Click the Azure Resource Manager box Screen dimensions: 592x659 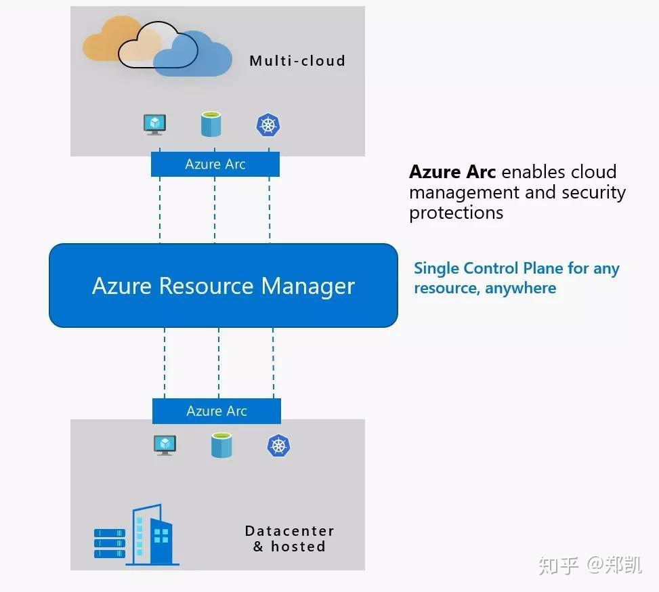pos(223,285)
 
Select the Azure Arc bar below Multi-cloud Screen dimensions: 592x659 pos(215,164)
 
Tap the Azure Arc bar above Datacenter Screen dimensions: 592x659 pos(216,411)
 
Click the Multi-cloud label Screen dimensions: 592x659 pos(297,60)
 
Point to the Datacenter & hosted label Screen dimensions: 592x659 pos(289,538)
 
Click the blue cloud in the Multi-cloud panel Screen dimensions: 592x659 pos(196,54)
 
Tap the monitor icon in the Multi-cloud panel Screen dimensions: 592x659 pos(155,125)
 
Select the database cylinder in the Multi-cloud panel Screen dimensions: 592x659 pos(211,125)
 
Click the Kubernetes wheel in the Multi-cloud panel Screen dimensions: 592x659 pos(268,125)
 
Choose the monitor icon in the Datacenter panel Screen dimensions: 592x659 pos(165,445)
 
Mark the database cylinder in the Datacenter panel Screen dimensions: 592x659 pos(221,446)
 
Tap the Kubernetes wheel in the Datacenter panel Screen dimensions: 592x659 pos(278,445)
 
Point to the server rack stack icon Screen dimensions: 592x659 pos(110,543)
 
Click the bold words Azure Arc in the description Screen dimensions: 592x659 pos(452,172)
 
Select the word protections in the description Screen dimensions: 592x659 pos(456,213)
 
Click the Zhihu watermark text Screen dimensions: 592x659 pos(589,564)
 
